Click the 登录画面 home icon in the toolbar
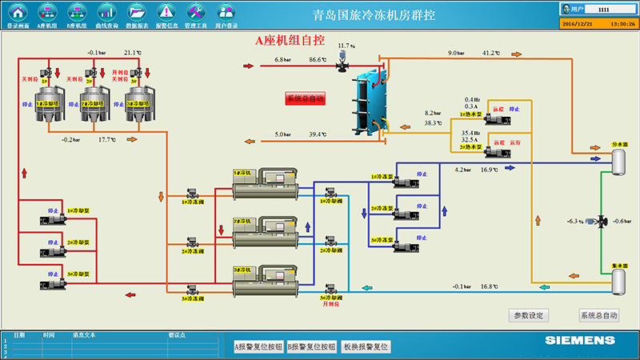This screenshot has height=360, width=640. click(x=18, y=11)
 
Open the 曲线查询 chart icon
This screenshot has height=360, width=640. click(x=106, y=11)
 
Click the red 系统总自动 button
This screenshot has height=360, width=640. click(x=305, y=99)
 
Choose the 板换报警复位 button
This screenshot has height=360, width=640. click(x=365, y=346)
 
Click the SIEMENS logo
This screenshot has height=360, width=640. click(x=580, y=341)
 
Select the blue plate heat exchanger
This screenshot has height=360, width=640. click(x=369, y=102)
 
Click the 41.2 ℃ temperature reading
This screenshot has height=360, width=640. click(x=490, y=54)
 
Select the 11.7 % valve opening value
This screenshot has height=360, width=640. click(x=346, y=46)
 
